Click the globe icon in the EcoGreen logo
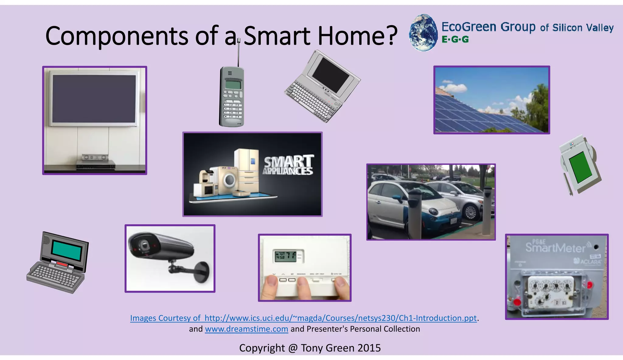pyautogui.click(x=423, y=33)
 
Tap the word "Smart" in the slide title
pyautogui.click(x=277, y=36)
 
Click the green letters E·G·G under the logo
pyautogui.click(x=455, y=40)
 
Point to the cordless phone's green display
pyautogui.click(x=232, y=84)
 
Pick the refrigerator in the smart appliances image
pyautogui.click(x=246, y=170)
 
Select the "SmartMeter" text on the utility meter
pyautogui.click(x=555, y=247)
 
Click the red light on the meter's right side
pyautogui.click(x=590, y=285)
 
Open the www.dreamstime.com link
pyautogui.click(x=246, y=329)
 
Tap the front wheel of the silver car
pyautogui.click(x=471, y=212)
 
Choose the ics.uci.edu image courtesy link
pyautogui.click(x=303, y=318)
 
